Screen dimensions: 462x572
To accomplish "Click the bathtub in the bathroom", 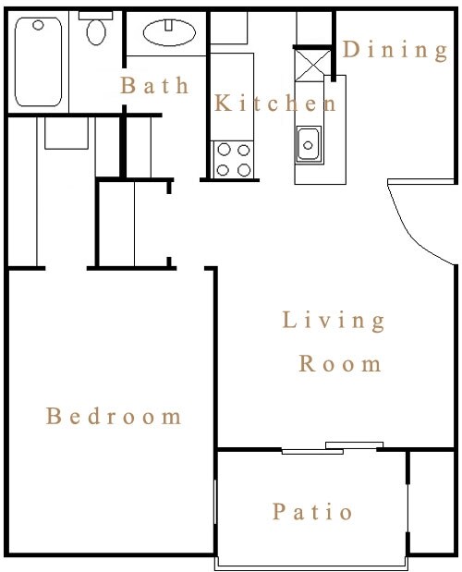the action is (x=38, y=62).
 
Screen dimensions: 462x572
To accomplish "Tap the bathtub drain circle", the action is (x=38, y=25).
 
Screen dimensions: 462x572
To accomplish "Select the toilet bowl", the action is (x=96, y=32).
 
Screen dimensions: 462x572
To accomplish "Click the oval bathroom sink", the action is (x=169, y=33).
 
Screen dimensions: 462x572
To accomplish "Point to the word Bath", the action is (x=154, y=85).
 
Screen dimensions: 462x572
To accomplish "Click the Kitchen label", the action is (x=275, y=103).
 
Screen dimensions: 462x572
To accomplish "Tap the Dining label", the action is (x=395, y=50).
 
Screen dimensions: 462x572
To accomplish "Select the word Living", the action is (x=334, y=321).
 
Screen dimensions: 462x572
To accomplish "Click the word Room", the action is (x=340, y=363).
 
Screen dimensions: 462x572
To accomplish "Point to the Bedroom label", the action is (x=114, y=416).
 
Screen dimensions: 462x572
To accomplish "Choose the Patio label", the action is (x=312, y=511).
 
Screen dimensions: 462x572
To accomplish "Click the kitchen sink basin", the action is (x=309, y=144).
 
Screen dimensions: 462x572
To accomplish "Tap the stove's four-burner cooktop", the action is (x=234, y=160).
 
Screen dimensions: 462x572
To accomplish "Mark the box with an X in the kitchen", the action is (x=313, y=66).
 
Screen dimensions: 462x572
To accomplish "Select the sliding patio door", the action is (x=333, y=448).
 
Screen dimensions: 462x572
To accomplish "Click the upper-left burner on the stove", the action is (x=224, y=150).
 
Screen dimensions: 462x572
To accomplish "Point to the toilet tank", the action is (x=96, y=16).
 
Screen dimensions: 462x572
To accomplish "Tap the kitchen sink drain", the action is (x=308, y=146).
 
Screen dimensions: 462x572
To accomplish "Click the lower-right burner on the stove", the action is (x=244, y=170).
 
